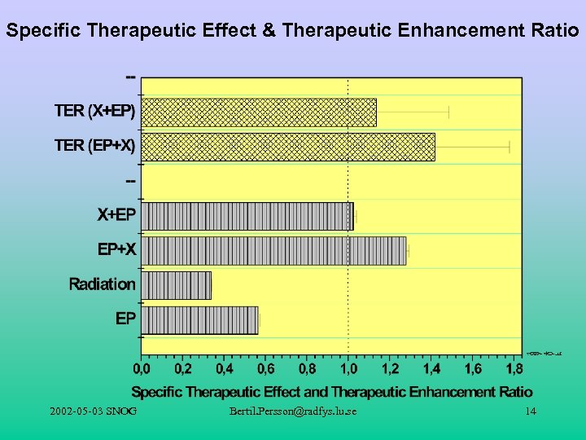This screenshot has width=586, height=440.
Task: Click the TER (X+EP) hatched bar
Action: coord(259,112)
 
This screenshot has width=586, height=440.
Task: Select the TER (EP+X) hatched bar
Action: coord(288,147)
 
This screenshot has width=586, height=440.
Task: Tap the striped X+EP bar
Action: coord(247,216)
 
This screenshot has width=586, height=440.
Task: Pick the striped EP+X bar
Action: coord(273,250)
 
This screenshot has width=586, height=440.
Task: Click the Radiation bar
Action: coord(177,284)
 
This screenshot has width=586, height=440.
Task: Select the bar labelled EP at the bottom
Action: coord(199,319)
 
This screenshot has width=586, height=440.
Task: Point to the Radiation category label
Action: coord(102,284)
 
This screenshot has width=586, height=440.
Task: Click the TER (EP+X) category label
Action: coord(95,146)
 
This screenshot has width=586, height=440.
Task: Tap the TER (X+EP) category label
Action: coord(95,110)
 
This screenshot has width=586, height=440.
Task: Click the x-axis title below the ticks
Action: coord(332,392)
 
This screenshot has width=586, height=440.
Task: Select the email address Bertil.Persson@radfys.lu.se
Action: coord(293,411)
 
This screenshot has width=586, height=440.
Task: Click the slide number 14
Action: coord(531,411)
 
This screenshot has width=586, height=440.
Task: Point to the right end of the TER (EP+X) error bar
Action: coord(509,147)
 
